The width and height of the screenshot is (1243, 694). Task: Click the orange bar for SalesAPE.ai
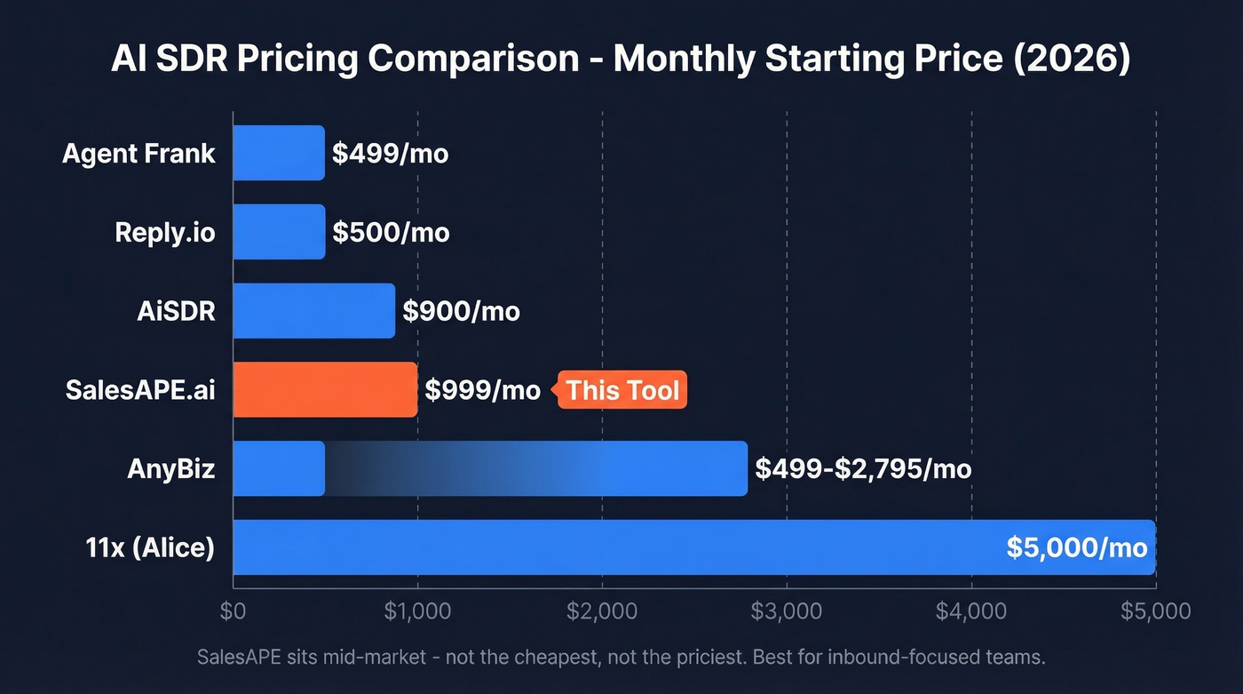325,390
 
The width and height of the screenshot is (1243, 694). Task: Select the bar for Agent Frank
279,153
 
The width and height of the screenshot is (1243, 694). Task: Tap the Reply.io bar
279,232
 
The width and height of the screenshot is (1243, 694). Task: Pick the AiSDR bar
313,311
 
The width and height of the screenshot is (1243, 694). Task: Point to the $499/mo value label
390,154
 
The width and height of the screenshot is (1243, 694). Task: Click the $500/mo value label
391,233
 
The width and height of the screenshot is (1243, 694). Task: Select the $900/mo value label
461,312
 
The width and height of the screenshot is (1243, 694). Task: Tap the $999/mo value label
482,390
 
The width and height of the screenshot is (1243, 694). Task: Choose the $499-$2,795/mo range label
863,468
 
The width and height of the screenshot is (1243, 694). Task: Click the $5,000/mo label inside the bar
1077,547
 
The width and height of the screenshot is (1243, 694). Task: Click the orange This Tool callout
621,390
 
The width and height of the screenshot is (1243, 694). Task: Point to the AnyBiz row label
171,468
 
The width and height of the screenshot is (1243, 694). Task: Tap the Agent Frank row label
139,153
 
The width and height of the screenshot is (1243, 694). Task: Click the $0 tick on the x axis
233,611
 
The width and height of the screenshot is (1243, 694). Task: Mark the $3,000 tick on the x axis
786,611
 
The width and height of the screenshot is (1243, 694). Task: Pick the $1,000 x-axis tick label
417,611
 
